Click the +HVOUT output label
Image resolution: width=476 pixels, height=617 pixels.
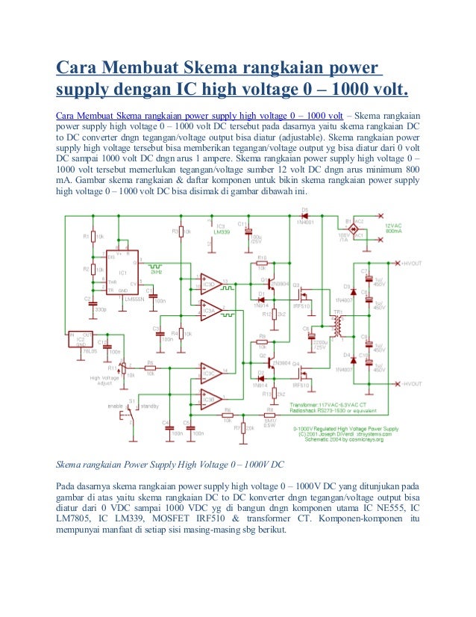click(x=411, y=264)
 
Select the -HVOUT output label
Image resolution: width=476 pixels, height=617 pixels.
click(x=411, y=384)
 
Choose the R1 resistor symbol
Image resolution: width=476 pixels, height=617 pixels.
click(x=93, y=237)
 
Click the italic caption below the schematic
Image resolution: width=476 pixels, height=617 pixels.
click(x=172, y=465)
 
